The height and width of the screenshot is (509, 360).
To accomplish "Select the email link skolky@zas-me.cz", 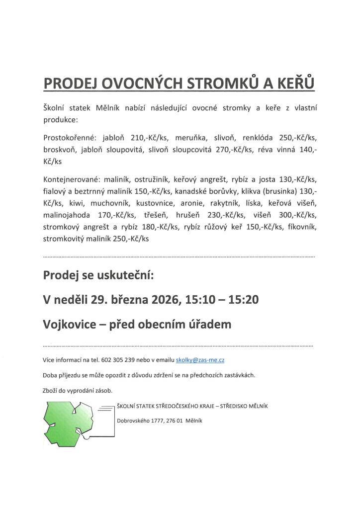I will [x=203, y=359].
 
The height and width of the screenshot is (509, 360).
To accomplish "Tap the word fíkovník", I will [x=303, y=227].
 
